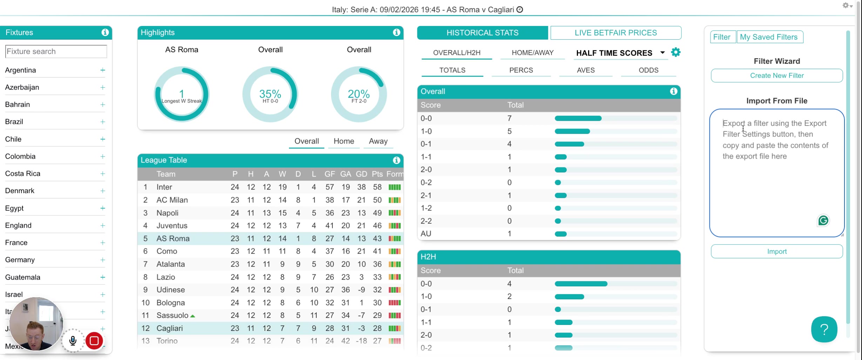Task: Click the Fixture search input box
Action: pos(56,51)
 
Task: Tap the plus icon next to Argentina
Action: pos(102,70)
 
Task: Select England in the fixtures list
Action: pos(18,225)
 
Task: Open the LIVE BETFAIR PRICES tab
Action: pos(616,33)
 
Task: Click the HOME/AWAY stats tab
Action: pos(532,53)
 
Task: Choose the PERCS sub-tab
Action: pos(521,70)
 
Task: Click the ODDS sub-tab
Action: pos(648,70)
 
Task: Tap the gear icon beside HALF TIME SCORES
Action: pos(676,53)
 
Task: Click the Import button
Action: pos(777,251)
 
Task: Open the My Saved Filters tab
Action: pos(769,37)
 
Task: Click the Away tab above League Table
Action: pos(378,141)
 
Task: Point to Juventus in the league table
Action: pos(172,226)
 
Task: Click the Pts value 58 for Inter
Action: pos(377,187)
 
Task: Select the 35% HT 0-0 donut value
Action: pos(270,94)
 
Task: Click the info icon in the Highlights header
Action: pos(397,32)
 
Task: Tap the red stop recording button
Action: pos(94,341)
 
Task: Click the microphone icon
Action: pos(73,341)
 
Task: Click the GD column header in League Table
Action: pos(361,174)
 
